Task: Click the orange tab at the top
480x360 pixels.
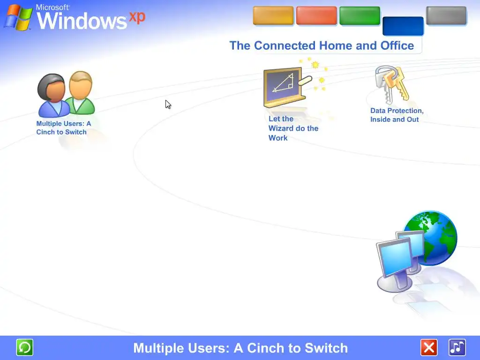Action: (273, 15)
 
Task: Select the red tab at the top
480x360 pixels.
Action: (316, 15)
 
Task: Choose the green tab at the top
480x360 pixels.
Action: (360, 15)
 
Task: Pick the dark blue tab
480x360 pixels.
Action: (403, 26)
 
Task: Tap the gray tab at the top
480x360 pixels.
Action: (446, 15)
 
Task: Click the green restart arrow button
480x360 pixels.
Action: (24, 347)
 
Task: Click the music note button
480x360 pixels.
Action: (457, 347)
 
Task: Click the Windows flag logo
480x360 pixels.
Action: (18, 18)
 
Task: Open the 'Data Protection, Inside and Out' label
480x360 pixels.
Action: (397, 115)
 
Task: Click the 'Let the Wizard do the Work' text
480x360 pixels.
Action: (293, 128)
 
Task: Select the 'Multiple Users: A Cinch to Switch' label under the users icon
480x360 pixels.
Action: (64, 127)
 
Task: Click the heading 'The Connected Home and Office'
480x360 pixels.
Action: (322, 45)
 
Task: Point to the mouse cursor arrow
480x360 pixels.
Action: (168, 105)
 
